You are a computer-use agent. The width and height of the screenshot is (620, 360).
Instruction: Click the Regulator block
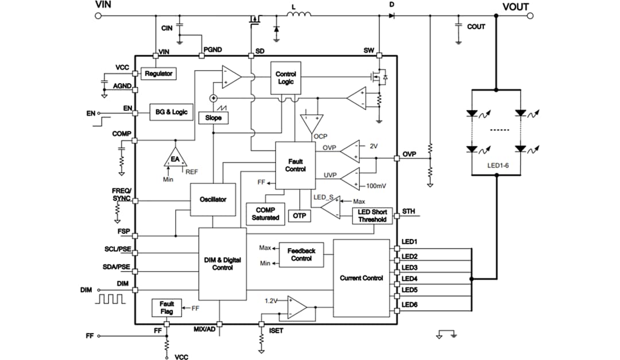(158, 74)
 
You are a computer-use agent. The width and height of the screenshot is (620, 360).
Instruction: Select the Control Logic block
(285, 78)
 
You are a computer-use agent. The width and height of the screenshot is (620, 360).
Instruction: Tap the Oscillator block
(212, 199)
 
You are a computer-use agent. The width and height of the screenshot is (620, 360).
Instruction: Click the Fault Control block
(295, 165)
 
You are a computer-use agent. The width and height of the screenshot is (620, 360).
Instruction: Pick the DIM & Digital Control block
(222, 264)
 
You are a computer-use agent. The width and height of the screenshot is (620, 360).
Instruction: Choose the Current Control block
(361, 278)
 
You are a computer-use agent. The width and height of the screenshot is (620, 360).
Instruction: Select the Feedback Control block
(301, 255)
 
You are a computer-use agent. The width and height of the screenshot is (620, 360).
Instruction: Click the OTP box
(299, 215)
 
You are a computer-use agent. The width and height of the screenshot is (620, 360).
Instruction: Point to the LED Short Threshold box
(372, 215)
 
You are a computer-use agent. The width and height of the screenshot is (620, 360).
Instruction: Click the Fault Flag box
(166, 308)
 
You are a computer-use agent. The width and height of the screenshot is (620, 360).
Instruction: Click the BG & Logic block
(172, 111)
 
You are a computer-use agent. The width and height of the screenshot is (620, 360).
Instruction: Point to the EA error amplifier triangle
(175, 158)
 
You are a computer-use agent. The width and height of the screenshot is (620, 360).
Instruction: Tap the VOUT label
(516, 7)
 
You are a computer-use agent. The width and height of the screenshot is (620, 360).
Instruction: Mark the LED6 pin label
(409, 304)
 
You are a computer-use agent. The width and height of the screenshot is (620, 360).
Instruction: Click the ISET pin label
(276, 331)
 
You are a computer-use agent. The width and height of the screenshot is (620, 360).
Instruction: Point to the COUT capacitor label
(476, 26)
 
